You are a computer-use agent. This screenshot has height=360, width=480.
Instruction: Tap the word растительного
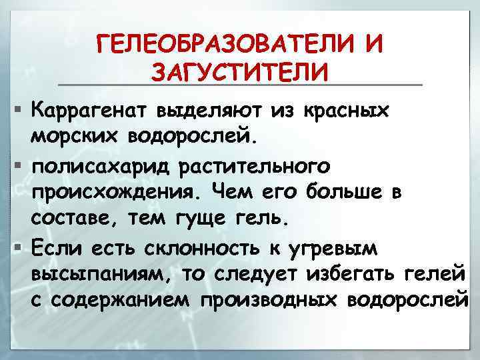(x=262, y=165)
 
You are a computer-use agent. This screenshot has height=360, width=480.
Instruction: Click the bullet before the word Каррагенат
(x=20, y=107)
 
